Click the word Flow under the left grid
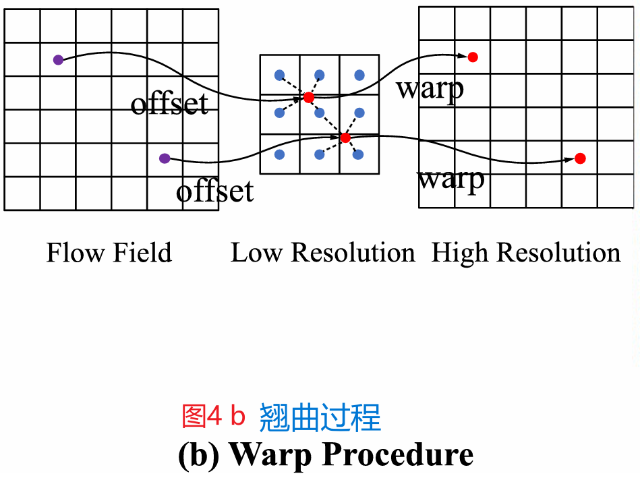point(72,253)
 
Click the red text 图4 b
point(213,416)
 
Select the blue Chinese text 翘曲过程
point(320,417)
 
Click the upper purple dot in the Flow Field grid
point(58,60)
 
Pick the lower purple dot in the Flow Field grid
point(164,158)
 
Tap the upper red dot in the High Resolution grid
point(473,57)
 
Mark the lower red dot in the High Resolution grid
point(580,158)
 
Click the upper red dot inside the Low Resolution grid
point(309,98)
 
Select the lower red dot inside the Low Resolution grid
point(345,138)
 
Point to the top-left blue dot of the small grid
point(279,74)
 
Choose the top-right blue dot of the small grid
point(359,74)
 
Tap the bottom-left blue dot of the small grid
point(279,154)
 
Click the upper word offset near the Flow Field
point(169,104)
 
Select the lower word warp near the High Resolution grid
point(450,179)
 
